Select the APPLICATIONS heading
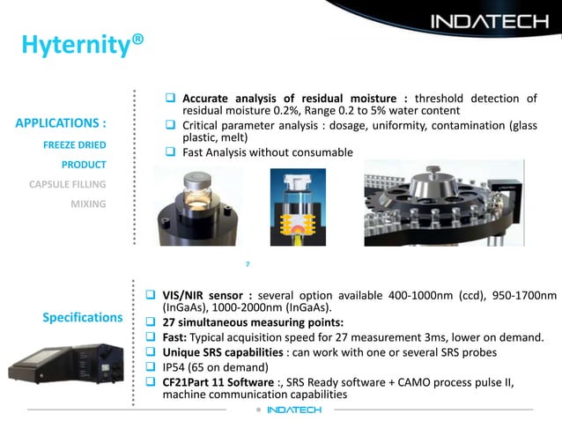point(62,122)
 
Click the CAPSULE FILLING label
point(68,184)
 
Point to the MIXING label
point(88,204)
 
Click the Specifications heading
point(82,317)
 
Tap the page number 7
point(248,263)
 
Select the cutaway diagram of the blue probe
point(296,208)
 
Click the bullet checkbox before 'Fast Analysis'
point(173,152)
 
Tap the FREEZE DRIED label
point(75,144)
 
